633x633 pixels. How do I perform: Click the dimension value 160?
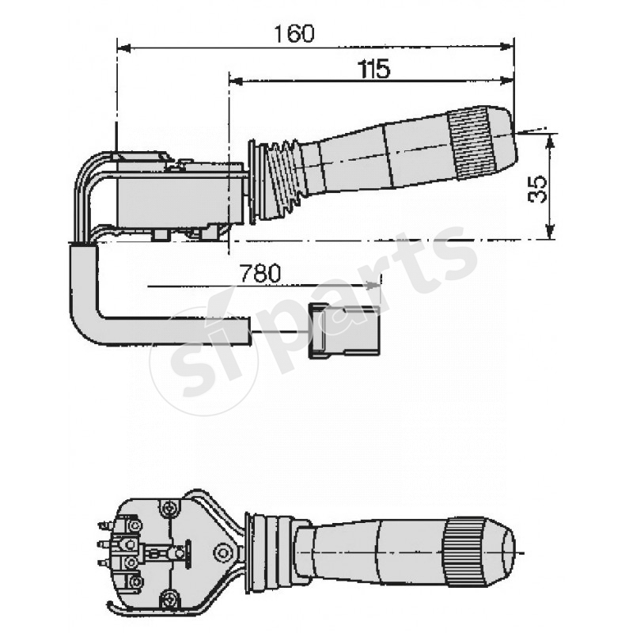[294, 33]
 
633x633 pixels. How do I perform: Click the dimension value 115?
[373, 70]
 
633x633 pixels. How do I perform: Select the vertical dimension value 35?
[537, 189]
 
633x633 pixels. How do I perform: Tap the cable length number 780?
[260, 274]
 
